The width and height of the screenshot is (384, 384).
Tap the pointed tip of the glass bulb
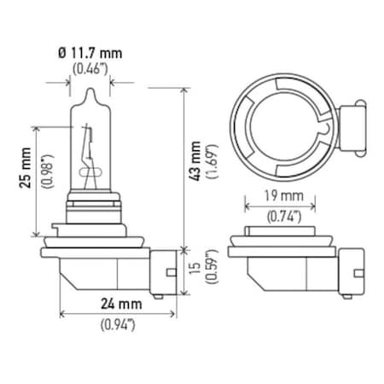[x=88, y=89]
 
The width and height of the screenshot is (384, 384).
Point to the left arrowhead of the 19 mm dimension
[x=247, y=205]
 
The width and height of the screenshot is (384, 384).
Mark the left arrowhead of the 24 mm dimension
[x=61, y=312]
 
